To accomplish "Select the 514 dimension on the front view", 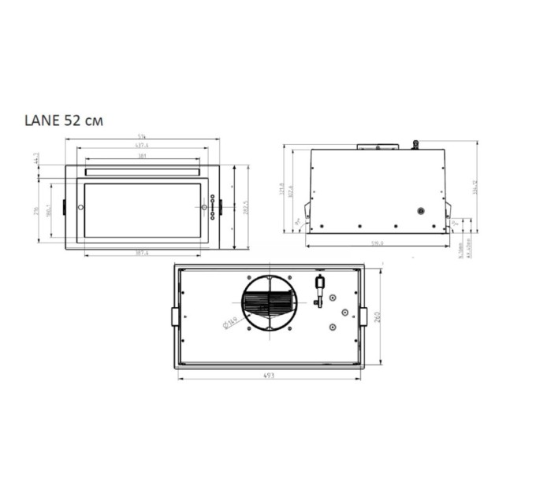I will coord(142,139).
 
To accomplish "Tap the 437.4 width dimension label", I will coord(142,146).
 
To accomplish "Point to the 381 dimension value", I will coord(142,155).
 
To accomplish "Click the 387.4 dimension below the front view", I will coord(142,253).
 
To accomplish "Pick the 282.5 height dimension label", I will coord(247,206).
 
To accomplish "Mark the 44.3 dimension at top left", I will coord(36,159).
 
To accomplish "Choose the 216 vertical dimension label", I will coord(36,211).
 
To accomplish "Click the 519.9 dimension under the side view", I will coord(377,243).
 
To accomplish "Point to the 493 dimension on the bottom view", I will coord(269,376).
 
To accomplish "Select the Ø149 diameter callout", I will coord(232,320).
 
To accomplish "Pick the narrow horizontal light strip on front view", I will coord(142,171).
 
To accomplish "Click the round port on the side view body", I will coord(420,212).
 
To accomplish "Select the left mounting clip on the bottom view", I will coord(175,316).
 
